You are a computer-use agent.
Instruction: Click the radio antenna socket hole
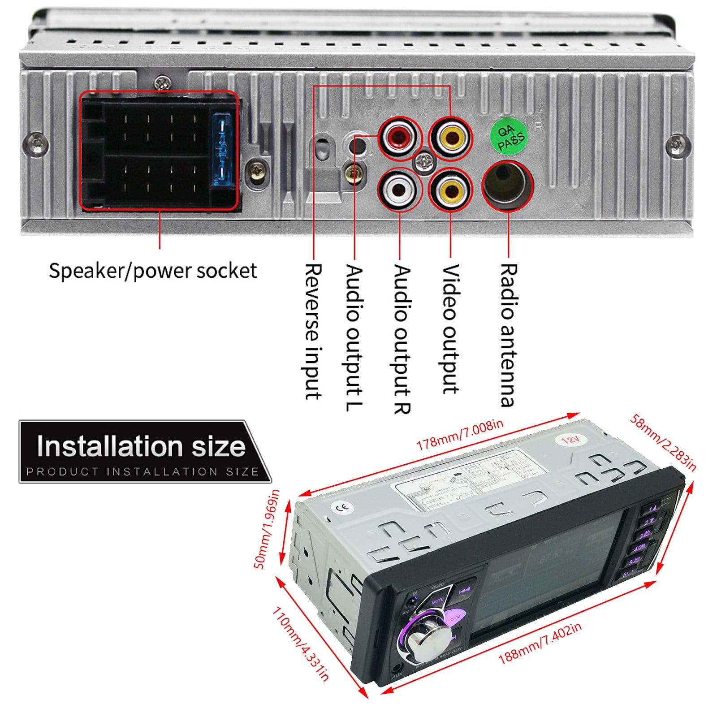click(507, 184)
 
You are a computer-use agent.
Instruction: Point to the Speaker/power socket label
click(153, 271)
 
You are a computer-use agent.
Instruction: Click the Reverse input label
click(313, 332)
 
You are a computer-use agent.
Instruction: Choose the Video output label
click(450, 329)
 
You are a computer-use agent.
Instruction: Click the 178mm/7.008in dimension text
click(460, 434)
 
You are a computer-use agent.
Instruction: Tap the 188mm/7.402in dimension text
click(540, 644)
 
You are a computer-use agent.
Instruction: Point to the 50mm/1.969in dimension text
click(267, 529)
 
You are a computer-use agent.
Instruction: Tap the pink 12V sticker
click(570, 440)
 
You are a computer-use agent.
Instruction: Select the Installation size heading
click(141, 447)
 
